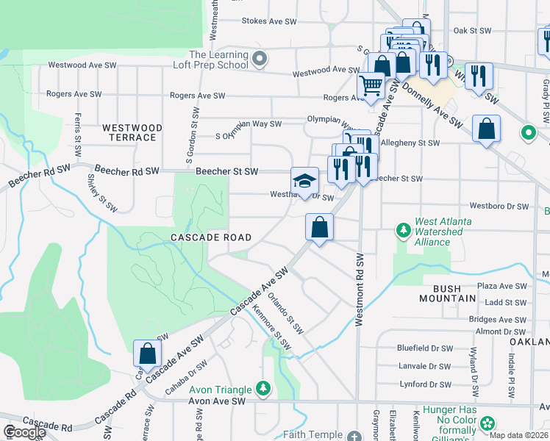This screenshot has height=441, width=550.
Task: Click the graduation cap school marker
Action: [x=304, y=181]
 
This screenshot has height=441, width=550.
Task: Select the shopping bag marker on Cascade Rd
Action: [x=147, y=353]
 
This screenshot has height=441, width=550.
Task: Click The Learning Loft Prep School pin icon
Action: [x=258, y=57]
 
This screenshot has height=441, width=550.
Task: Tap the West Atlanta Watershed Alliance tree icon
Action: [x=403, y=231]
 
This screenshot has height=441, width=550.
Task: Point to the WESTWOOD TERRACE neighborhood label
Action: [x=129, y=132]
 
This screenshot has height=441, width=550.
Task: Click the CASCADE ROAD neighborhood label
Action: [x=211, y=237]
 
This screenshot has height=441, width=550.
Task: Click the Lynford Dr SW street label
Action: [x=424, y=384]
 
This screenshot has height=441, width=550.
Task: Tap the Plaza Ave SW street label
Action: [x=501, y=286]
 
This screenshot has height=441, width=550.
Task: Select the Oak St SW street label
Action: [x=472, y=31]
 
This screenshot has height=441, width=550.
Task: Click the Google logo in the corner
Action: [x=24, y=432]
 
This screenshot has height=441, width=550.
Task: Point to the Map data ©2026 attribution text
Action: [x=519, y=435]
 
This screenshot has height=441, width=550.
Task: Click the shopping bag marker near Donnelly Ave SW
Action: [x=486, y=130]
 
